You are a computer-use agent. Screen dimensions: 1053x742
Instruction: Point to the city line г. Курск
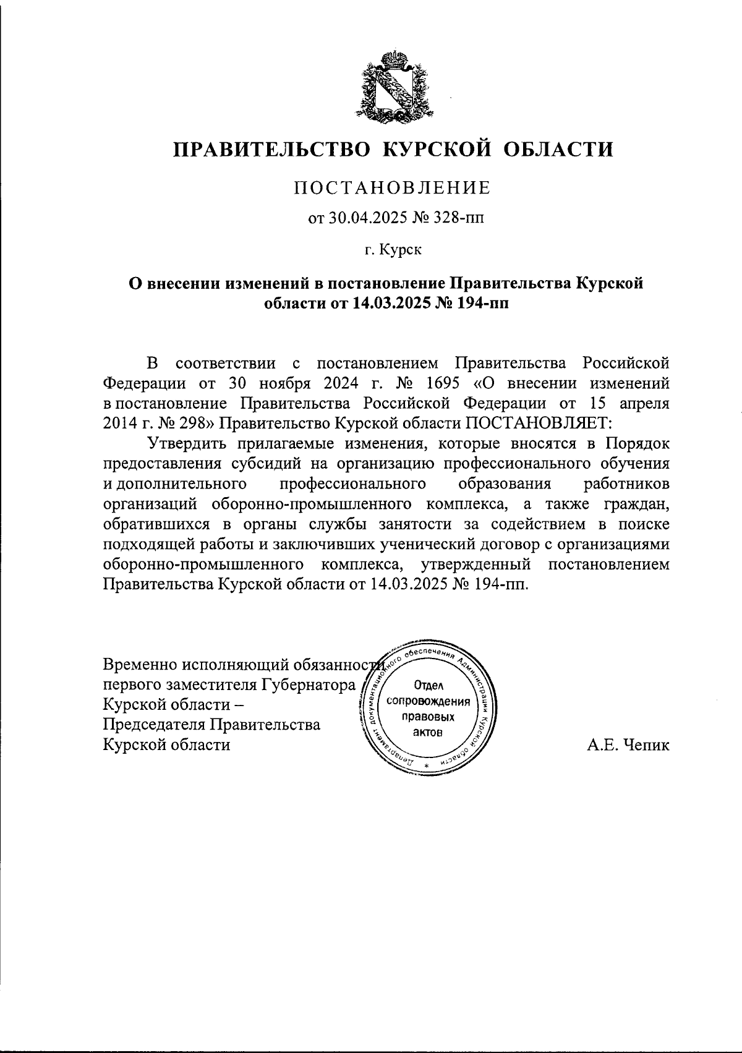392,250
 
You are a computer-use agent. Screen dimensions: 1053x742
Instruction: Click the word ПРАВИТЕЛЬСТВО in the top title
272,149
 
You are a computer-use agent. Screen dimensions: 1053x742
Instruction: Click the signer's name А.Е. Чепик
628,746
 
